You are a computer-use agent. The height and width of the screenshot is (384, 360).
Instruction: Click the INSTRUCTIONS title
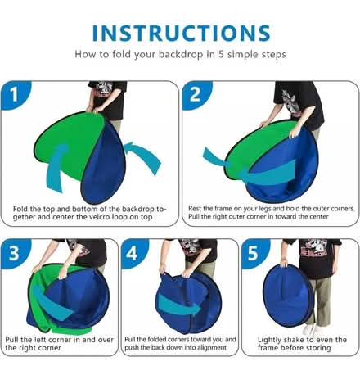pos(182,34)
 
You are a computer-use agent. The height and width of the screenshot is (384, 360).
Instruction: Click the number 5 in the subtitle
pos(221,54)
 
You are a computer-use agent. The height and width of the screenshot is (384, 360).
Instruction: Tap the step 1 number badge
pos(16,94)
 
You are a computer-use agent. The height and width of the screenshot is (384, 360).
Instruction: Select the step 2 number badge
pos(196,94)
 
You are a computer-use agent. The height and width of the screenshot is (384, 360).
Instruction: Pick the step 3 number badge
pos(16,252)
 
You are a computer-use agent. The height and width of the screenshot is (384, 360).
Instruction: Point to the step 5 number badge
pos(255,252)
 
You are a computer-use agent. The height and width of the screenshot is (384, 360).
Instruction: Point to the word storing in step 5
pos(317,348)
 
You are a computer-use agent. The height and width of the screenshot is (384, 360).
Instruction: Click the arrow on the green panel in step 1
pos(56,167)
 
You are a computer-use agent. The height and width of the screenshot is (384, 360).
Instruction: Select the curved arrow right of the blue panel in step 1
pos(145,156)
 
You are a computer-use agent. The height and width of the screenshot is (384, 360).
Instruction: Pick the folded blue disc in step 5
pos(288,296)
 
